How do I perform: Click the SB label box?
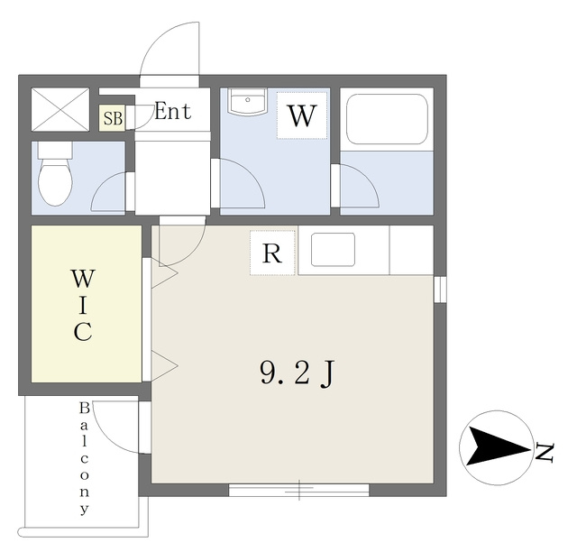[x=113, y=118]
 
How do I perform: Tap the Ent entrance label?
[x=172, y=111]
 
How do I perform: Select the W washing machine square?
[x=302, y=115]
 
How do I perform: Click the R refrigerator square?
[x=272, y=253]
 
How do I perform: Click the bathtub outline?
[x=387, y=119]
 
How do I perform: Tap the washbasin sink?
[x=248, y=101]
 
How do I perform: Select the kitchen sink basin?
[x=333, y=249]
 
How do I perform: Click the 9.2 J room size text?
[x=298, y=373]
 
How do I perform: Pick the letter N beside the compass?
[x=545, y=453]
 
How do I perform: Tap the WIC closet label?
[x=83, y=305]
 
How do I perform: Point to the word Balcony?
[x=85, y=458]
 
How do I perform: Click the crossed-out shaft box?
[x=60, y=109]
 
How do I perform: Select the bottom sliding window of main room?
[x=298, y=490]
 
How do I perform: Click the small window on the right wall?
[x=440, y=289]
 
